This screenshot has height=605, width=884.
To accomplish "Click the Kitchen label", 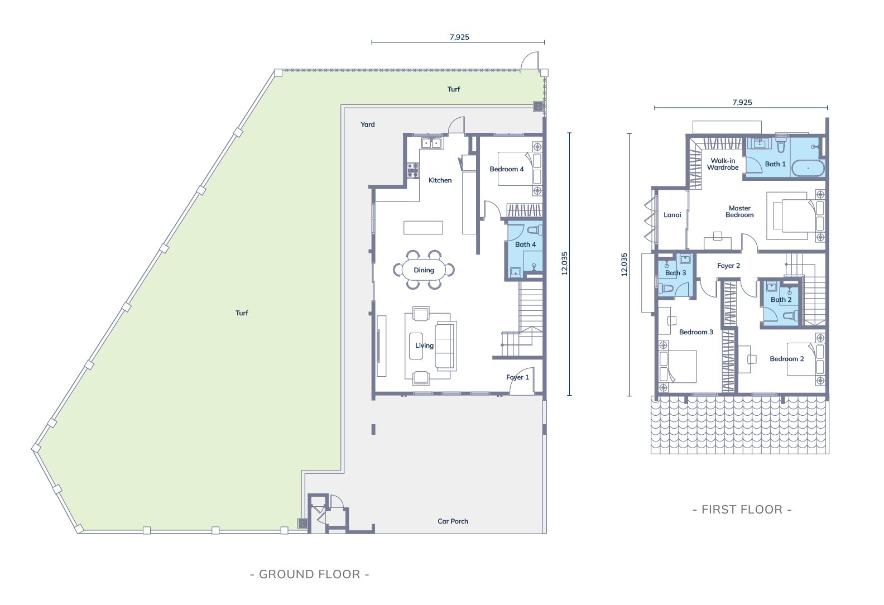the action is pos(440,180).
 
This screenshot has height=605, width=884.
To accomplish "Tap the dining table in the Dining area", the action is pos(424,270).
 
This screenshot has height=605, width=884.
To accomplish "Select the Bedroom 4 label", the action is pos(506,169).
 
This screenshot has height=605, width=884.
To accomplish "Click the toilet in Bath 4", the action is pos(534,230).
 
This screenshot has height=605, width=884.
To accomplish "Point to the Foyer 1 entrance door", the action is pos(522,381).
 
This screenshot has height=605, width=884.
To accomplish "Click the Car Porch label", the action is pos(453,521).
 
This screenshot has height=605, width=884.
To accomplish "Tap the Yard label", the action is pos(367,124).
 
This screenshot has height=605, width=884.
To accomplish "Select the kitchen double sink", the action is pos(431,142).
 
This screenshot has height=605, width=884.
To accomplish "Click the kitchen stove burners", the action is pos(413,170).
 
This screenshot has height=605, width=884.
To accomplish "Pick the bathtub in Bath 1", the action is pos(809,169).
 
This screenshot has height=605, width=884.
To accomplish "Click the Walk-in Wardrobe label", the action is pos(723,164).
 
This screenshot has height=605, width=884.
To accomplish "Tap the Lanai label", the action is pos(672,215).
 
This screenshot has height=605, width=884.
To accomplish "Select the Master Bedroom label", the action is pos(739,212).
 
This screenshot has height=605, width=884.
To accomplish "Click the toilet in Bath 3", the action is pos(666,289).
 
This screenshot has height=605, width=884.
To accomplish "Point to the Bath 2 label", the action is pos(781,300).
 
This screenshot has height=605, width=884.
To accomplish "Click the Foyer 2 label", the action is pos(728,266).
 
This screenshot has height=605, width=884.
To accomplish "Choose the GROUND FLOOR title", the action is pos(310,574).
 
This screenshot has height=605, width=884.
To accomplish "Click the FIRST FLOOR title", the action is pos(742,510).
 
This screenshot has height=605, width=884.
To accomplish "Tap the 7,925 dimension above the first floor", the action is pos(742,103).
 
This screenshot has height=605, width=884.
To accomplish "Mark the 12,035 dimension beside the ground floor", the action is pos(564,263).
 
